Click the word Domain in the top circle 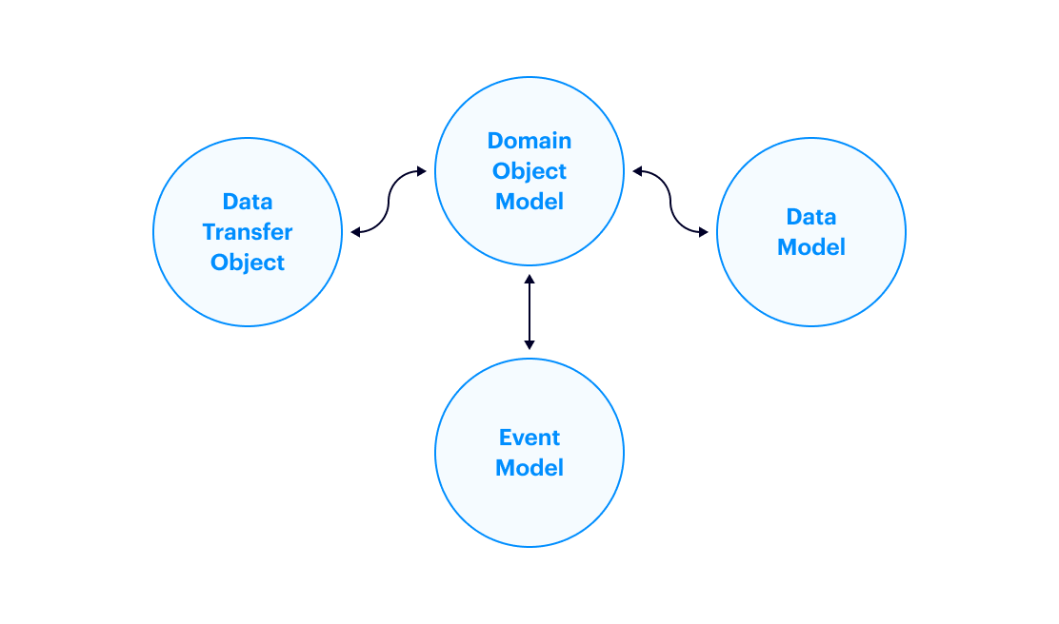529,141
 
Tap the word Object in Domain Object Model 529,171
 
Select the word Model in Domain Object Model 529,202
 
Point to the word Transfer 248,232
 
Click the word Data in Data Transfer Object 248,202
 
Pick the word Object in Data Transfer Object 248,263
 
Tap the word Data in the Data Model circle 811,217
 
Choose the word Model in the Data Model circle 811,247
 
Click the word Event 529,438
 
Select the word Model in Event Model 529,468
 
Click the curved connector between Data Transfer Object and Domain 389,202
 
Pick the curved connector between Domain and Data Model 670,202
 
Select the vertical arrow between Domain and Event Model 529,312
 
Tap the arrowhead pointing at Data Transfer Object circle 355,232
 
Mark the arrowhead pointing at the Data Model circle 704,232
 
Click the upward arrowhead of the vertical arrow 529,280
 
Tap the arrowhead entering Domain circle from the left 421,172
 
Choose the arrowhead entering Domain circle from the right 638,172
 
